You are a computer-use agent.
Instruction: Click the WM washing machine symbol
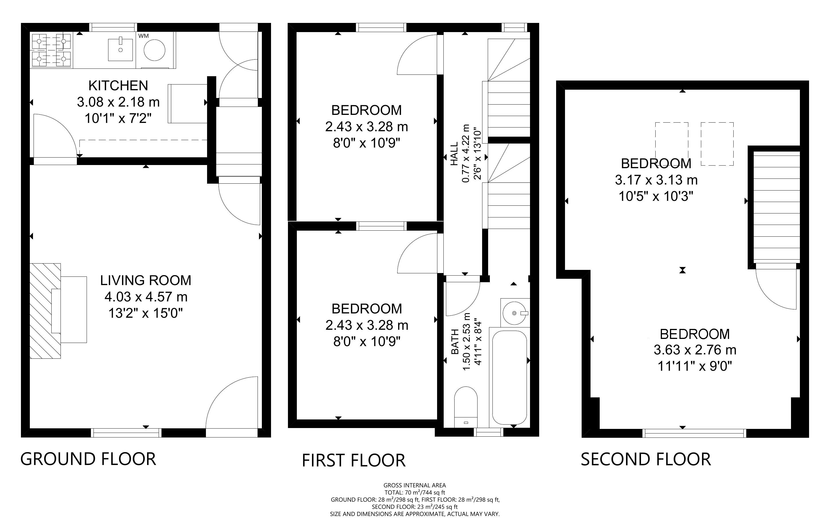(155, 50)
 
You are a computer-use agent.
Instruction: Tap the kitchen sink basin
(120, 50)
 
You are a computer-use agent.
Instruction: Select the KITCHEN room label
(118, 86)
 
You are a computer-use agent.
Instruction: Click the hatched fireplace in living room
(45, 311)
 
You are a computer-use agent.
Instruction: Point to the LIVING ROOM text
(146, 280)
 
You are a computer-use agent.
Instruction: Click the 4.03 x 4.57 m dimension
(146, 297)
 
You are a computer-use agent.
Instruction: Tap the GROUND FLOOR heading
(88, 459)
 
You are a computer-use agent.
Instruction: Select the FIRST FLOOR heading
(353, 460)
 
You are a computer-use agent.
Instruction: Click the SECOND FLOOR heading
(646, 459)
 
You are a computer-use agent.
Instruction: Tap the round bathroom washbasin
(514, 313)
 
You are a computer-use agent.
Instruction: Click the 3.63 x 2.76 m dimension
(695, 350)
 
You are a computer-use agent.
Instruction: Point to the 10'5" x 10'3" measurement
(656, 196)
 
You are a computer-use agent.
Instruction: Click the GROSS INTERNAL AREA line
(414, 485)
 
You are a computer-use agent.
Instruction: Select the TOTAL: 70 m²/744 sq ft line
(414, 492)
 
